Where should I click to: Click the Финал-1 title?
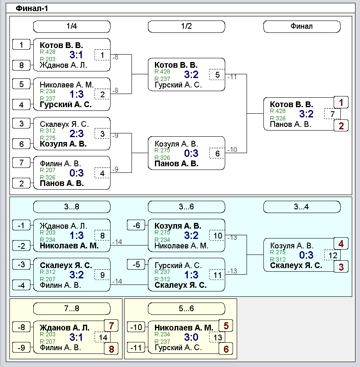[x=32, y=9]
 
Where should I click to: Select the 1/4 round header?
[x=72, y=26]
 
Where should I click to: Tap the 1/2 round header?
[x=186, y=26]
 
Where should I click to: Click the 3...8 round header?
[x=72, y=206]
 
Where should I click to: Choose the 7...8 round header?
[x=72, y=308]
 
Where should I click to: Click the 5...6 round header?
[x=186, y=308]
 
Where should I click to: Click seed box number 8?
[x=21, y=65]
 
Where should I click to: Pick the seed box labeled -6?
[x=136, y=225]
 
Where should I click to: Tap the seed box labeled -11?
[x=136, y=348]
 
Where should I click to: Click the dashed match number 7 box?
[x=332, y=114]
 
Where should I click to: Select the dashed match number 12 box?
[x=332, y=255]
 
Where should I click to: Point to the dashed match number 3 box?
[x=102, y=134]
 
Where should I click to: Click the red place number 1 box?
[x=341, y=103]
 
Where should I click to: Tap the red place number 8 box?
[x=111, y=349]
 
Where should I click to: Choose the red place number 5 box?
[x=226, y=326]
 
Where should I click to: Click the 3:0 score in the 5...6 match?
[x=191, y=337]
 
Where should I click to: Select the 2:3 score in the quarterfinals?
[x=76, y=134]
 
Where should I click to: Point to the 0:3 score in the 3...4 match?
[x=306, y=255]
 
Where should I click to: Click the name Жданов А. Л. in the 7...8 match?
[x=65, y=328]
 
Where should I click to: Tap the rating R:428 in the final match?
[x=278, y=111]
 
